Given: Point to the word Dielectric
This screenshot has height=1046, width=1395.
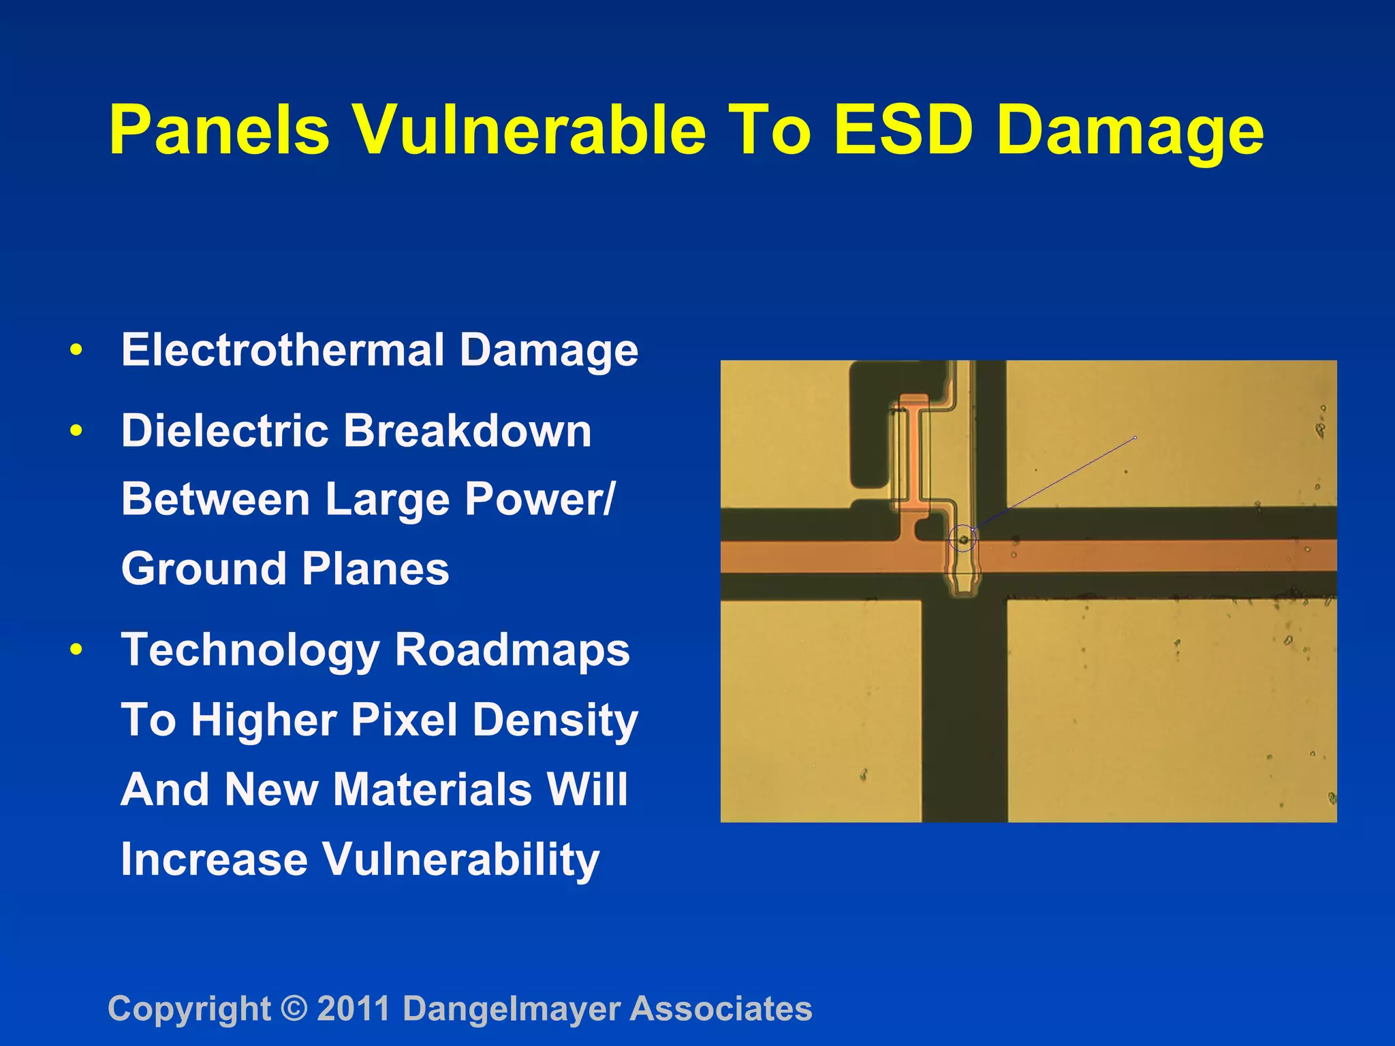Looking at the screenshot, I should (x=225, y=431).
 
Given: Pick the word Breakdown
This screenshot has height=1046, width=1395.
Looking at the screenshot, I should (x=467, y=431).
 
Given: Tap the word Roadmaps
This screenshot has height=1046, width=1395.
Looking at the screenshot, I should (x=512, y=650).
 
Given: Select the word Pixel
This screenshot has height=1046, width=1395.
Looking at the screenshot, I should (x=404, y=720).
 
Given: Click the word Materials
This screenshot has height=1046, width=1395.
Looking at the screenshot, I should (x=432, y=789).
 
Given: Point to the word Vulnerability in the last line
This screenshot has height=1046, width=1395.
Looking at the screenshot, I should (x=460, y=859).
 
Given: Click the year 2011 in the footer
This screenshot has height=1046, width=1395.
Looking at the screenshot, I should (x=354, y=1009).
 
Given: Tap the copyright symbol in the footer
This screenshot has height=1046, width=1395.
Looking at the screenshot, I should (x=294, y=1009).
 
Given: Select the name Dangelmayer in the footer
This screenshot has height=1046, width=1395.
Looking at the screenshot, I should (x=512, y=1009).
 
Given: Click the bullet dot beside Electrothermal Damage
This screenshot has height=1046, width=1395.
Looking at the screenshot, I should (x=76, y=351).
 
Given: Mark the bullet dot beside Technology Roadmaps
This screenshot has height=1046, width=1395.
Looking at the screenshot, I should (x=76, y=650).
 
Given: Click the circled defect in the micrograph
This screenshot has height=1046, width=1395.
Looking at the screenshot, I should (x=962, y=539).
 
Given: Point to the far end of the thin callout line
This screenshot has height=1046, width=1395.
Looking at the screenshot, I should (x=1135, y=437).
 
